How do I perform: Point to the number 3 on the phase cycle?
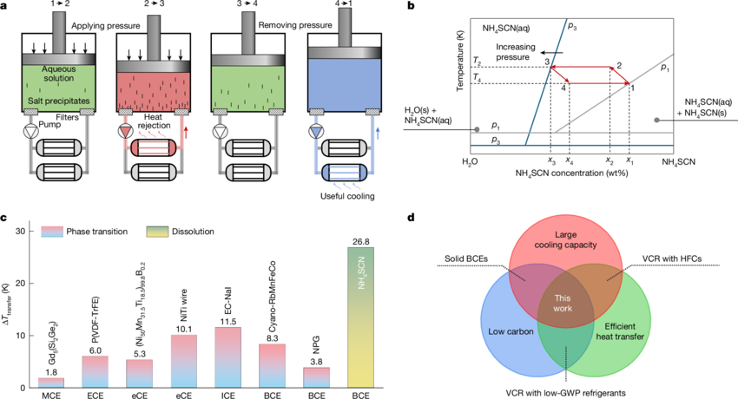click(547, 62)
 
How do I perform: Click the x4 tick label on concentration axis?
click(569, 161)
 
